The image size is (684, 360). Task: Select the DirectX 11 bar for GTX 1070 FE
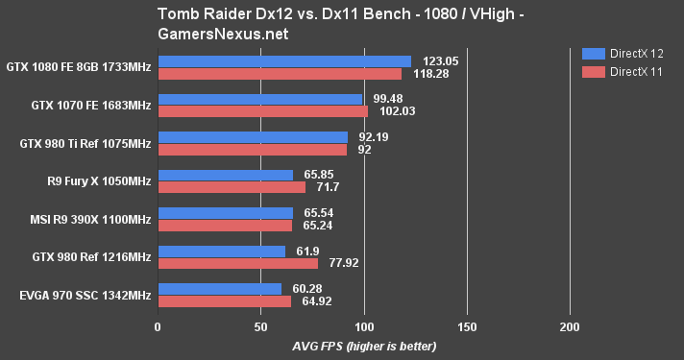point(262,111)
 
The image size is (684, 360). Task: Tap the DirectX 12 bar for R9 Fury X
point(226,175)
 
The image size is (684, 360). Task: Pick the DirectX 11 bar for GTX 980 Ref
point(237,263)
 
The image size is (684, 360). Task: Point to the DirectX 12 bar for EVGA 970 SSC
point(220,289)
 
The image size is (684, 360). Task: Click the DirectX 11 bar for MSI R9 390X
point(225,226)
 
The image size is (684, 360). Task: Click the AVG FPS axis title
point(364,346)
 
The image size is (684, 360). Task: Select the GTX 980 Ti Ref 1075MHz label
point(85,143)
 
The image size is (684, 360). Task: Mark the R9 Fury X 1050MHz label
point(101,180)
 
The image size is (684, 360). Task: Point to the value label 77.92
point(343,263)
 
